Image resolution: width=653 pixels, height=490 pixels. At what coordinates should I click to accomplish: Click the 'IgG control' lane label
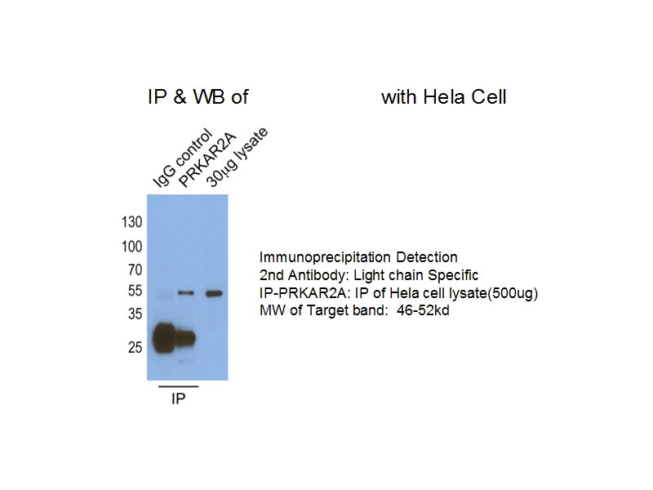pyautogui.click(x=181, y=157)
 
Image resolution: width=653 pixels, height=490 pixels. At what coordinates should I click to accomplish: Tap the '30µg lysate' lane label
pyautogui.click(x=237, y=157)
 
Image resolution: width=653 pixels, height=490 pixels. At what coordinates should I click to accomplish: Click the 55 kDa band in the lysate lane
pyautogui.click(x=215, y=293)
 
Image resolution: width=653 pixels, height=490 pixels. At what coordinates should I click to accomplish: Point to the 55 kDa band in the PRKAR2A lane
pyautogui.click(x=187, y=293)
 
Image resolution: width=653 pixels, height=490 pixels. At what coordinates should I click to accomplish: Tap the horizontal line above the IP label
pyautogui.click(x=178, y=386)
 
